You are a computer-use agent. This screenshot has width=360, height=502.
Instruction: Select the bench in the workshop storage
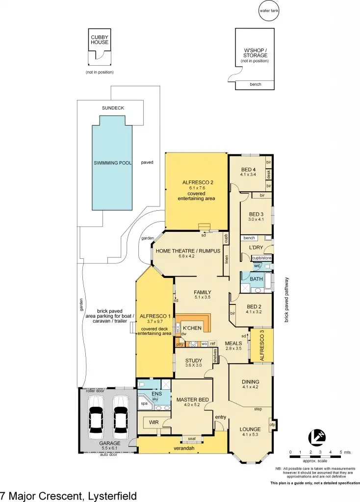255,85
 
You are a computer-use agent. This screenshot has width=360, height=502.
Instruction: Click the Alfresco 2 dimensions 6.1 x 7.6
196,187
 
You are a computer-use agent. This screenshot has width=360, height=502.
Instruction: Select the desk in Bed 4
269,175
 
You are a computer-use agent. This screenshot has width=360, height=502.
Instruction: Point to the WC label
257,266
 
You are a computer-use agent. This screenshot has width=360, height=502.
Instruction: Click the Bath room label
256,279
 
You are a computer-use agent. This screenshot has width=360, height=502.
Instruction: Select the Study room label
193,360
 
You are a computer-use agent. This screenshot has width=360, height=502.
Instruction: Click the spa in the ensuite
144,403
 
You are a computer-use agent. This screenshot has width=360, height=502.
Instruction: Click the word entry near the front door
221,417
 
